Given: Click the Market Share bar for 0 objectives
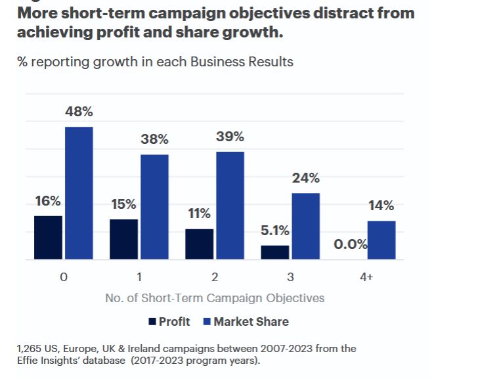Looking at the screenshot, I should coord(79,193).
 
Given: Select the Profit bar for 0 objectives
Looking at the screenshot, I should coord(48,238).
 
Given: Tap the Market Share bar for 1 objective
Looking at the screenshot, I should coord(154,207).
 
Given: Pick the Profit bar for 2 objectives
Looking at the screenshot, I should coord(200,244).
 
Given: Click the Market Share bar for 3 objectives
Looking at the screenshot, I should coord(305,227).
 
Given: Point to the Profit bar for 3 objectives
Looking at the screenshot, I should coord(275,253).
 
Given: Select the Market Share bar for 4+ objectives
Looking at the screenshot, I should coord(381,240).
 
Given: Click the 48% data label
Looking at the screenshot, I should coord(79,112).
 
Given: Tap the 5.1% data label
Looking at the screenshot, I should coord(274,231).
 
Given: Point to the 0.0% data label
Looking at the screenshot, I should coord(350,244).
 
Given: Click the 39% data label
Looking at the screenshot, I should coord(230,137).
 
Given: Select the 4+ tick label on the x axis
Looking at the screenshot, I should coord(366,277).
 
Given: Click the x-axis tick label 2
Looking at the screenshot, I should coord(215,277).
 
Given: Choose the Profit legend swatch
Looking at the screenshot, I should coord(152,322).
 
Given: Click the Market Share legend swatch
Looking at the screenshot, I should coord(207,322).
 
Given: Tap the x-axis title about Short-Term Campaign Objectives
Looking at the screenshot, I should coord(215,298).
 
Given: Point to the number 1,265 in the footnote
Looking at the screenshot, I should coord(31,349).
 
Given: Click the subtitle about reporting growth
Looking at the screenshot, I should coord(155,62).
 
